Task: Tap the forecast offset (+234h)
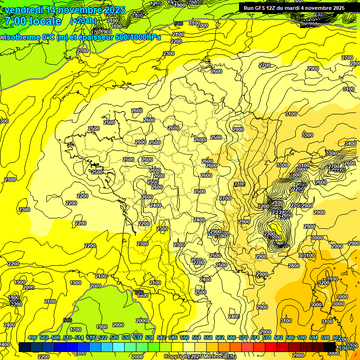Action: click(x=83, y=21)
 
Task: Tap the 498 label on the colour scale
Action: click(x=32, y=337)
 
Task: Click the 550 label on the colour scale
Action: click(x=185, y=337)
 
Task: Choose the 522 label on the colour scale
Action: click(x=103, y=337)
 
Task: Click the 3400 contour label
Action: click(x=350, y=143)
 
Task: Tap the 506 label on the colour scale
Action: click(x=56, y=337)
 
